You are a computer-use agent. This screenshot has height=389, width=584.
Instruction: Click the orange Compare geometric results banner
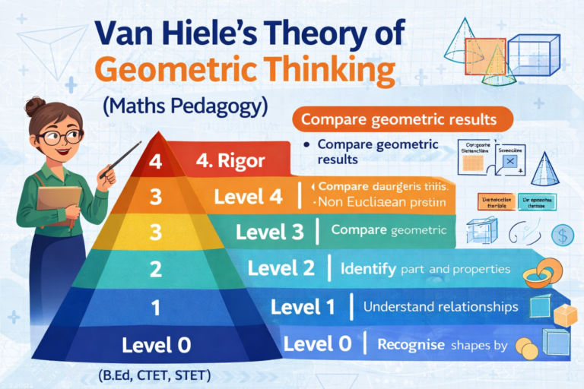(399, 119)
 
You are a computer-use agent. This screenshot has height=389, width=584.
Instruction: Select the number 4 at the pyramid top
(157, 162)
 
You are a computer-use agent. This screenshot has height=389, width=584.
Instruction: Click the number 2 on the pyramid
(156, 267)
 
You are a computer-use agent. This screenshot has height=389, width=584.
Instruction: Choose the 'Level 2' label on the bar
(282, 267)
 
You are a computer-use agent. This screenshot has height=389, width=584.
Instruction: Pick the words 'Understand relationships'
(441, 307)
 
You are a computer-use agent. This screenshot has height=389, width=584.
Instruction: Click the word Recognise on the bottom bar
(411, 345)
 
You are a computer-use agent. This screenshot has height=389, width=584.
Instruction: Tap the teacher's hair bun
(35, 105)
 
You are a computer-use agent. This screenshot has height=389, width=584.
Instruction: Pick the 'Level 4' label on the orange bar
(248, 197)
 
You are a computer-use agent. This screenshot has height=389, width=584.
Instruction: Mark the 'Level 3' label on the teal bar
(270, 231)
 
